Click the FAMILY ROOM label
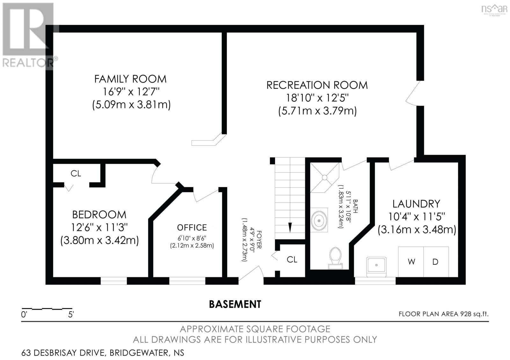pyautogui.click(x=130, y=79)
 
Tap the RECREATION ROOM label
pyautogui.click(x=317, y=85)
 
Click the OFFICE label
pyautogui.click(x=192, y=227)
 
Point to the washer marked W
pyautogui.click(x=411, y=262)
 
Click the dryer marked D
pyautogui.click(x=435, y=262)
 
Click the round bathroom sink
pyautogui.click(x=319, y=220)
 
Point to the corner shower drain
pyautogui.click(x=324, y=177)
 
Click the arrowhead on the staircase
pyautogui.click(x=290, y=227)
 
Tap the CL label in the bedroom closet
pyautogui.click(x=76, y=173)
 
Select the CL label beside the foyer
pyautogui.click(x=292, y=260)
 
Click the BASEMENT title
pyautogui.click(x=235, y=304)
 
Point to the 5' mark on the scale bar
pyautogui.click(x=71, y=315)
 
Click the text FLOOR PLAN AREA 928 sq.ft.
pyautogui.click(x=443, y=314)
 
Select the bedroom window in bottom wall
pyautogui.click(x=114, y=281)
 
